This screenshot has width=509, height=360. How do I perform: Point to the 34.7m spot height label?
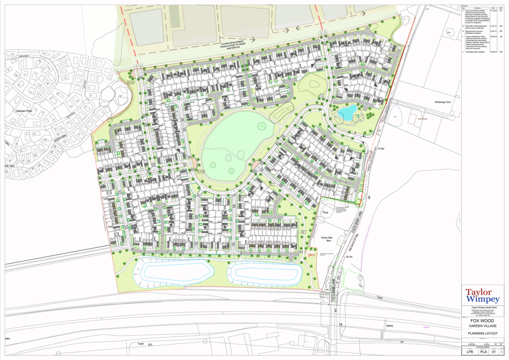348,257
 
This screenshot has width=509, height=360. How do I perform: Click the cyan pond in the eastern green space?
347,112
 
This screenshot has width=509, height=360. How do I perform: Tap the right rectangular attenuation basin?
266,272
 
